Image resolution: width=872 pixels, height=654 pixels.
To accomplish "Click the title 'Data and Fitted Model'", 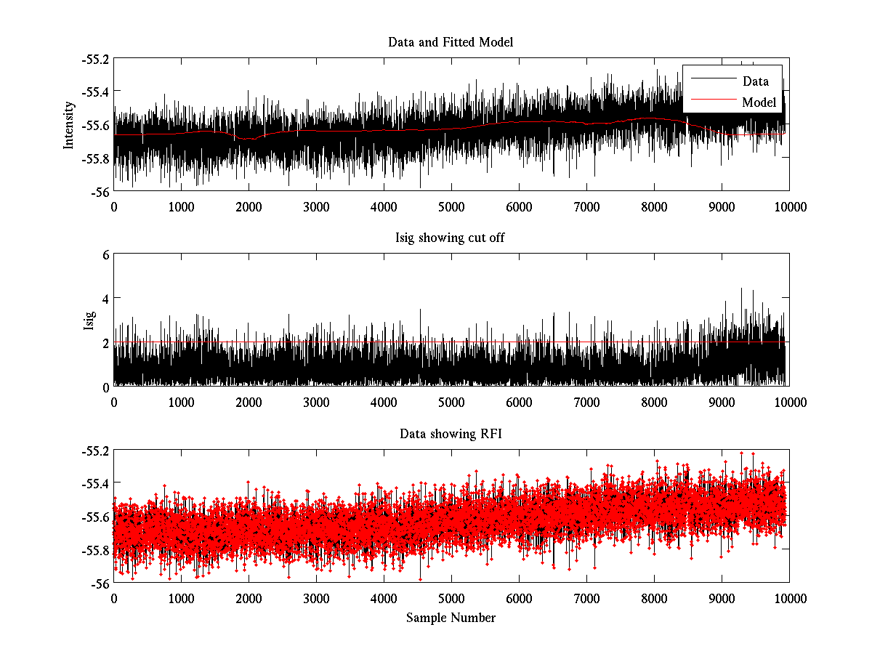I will tap(451, 42).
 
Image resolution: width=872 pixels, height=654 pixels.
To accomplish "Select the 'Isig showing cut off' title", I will tap(451, 238).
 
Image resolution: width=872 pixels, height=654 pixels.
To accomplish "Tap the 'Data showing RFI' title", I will tap(451, 434).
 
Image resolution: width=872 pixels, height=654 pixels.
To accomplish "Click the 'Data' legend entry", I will tap(755, 81).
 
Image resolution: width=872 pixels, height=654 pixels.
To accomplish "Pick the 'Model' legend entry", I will tap(759, 102).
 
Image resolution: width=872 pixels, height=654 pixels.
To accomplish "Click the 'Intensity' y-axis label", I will tap(69, 124).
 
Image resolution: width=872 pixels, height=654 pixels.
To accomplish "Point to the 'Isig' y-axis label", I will tap(89, 320).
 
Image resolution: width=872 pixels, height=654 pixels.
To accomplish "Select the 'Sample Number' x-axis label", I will tap(451, 618).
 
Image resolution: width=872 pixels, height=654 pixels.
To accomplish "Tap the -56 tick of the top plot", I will tap(100, 192).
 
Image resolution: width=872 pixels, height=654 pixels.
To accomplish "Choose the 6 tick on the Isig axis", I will tap(105, 255).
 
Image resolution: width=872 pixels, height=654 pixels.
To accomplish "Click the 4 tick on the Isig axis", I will tap(105, 299).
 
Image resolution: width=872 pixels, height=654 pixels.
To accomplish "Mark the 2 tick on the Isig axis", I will tap(105, 342).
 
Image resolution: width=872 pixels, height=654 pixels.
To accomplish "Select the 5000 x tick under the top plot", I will tap(451, 206).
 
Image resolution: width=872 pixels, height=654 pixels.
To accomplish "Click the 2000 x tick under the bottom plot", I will tap(249, 598).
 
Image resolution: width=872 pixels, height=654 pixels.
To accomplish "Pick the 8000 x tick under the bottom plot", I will tap(654, 598).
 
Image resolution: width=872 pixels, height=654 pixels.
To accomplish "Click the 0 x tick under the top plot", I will tap(114, 206).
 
